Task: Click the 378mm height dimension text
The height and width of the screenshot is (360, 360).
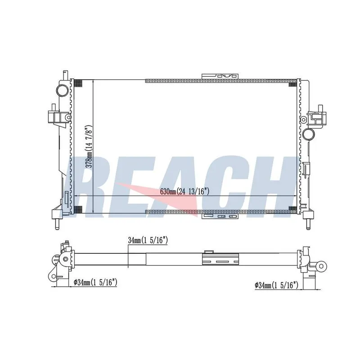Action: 89,147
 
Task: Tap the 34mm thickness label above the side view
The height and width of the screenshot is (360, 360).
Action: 148,240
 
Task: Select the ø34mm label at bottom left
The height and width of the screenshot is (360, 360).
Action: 95,282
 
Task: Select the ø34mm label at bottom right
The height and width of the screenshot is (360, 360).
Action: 276,285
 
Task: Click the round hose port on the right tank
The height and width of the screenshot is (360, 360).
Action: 309,134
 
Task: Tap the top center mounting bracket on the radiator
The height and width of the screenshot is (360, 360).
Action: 220,76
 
